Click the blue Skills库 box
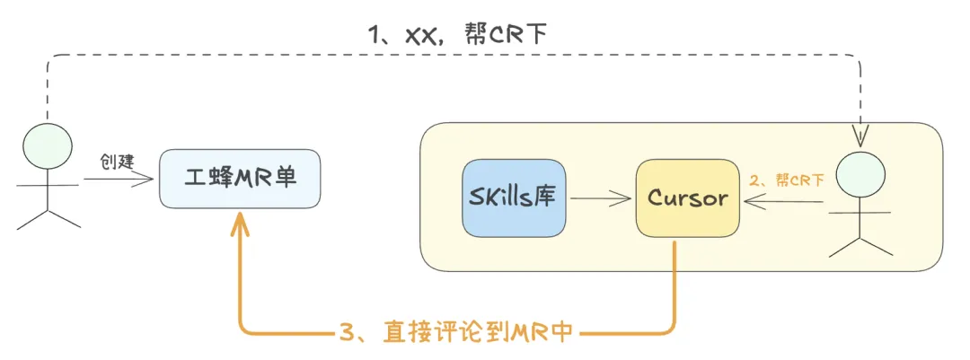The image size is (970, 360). (514, 198)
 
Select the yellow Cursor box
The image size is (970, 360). (688, 198)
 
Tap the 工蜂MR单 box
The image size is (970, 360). (239, 179)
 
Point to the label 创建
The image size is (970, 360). (116, 162)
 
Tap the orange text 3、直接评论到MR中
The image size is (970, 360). (457, 332)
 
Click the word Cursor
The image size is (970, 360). (688, 198)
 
